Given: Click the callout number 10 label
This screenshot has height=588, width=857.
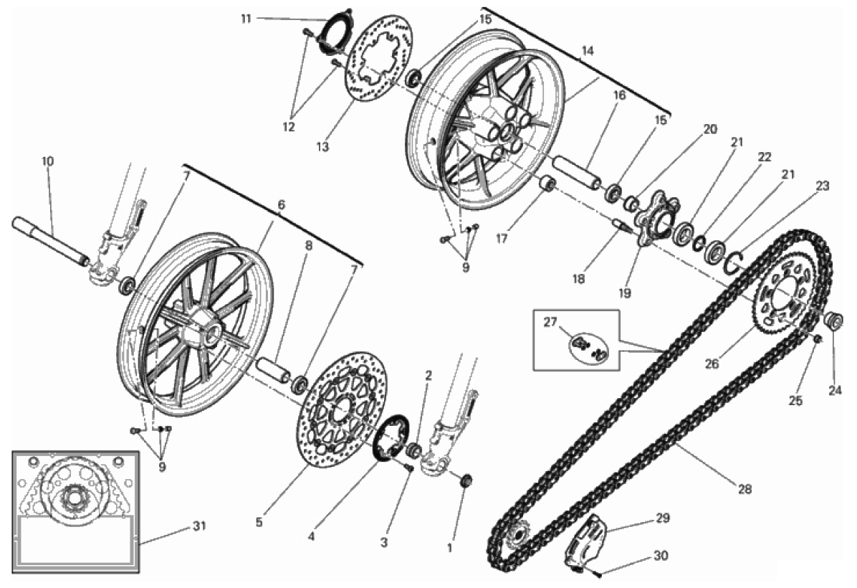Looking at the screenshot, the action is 47,161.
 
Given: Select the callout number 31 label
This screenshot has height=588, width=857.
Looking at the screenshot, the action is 199,526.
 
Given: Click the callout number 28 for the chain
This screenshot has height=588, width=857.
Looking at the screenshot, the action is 745,489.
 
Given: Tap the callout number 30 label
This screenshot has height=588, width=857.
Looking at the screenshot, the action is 661,556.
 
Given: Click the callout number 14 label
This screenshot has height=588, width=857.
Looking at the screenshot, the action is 588,51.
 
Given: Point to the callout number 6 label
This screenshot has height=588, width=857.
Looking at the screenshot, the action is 281,205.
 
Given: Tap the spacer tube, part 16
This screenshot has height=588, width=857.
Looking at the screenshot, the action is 578,172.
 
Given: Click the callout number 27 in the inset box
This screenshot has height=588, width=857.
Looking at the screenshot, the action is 550,322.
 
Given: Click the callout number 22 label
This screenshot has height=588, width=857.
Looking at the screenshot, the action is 764,157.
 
